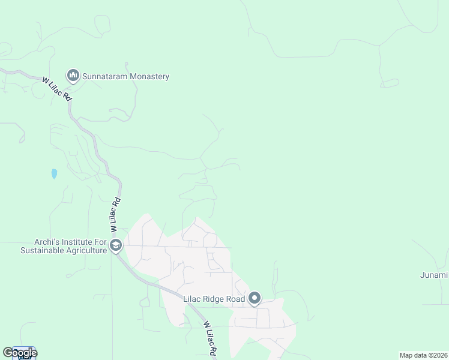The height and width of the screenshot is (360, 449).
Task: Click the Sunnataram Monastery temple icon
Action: (x=73, y=76)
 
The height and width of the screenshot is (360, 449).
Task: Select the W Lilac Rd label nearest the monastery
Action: (x=57, y=89)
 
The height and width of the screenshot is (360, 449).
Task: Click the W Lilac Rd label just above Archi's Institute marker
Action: (x=115, y=216)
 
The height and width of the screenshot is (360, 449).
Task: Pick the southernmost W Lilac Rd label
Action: (x=209, y=339)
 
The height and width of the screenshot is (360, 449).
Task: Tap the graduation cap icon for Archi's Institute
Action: (x=116, y=245)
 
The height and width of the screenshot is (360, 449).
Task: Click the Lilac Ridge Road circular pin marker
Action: (x=255, y=298)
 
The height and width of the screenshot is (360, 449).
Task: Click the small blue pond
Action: (x=54, y=174)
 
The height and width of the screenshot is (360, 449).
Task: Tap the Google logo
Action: (x=19, y=353)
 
